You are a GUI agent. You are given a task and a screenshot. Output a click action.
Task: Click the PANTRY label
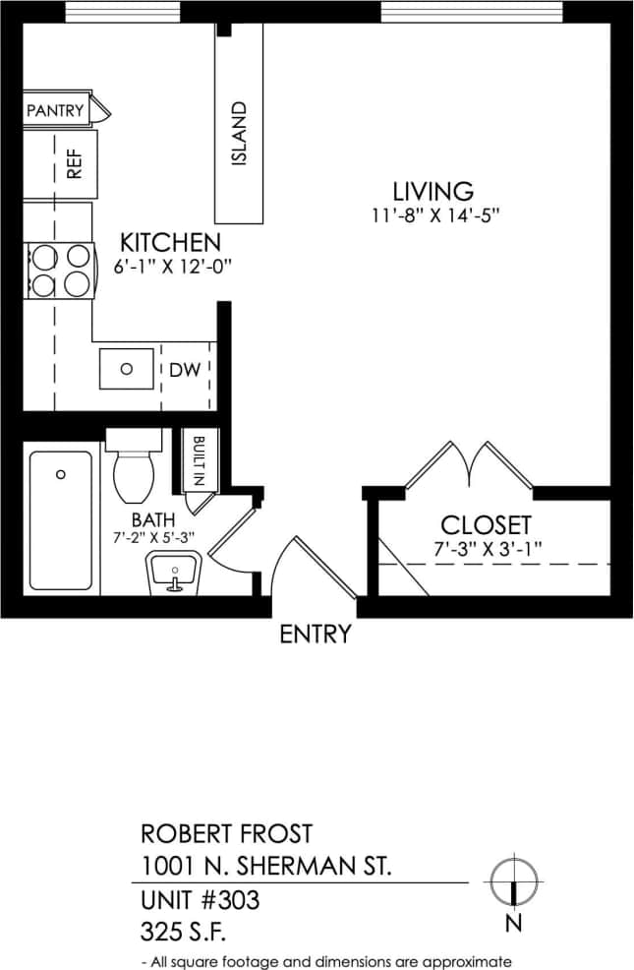[55, 110]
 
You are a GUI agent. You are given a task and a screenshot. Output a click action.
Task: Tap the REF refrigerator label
[74, 164]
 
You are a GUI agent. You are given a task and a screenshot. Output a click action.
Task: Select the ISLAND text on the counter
[240, 134]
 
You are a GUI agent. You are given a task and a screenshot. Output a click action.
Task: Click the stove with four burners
[58, 271]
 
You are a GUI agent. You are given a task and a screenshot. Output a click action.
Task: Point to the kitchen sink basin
[127, 369]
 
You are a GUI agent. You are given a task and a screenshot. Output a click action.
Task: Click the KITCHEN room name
[169, 242]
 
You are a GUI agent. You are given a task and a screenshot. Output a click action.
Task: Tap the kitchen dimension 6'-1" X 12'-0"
[169, 266]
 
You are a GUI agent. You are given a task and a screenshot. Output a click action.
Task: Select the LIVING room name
[432, 191]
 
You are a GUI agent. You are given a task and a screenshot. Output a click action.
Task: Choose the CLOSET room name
[486, 525]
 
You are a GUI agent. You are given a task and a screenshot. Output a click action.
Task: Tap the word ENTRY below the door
[315, 635]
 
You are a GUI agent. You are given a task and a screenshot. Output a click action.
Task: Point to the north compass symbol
[513, 880]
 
